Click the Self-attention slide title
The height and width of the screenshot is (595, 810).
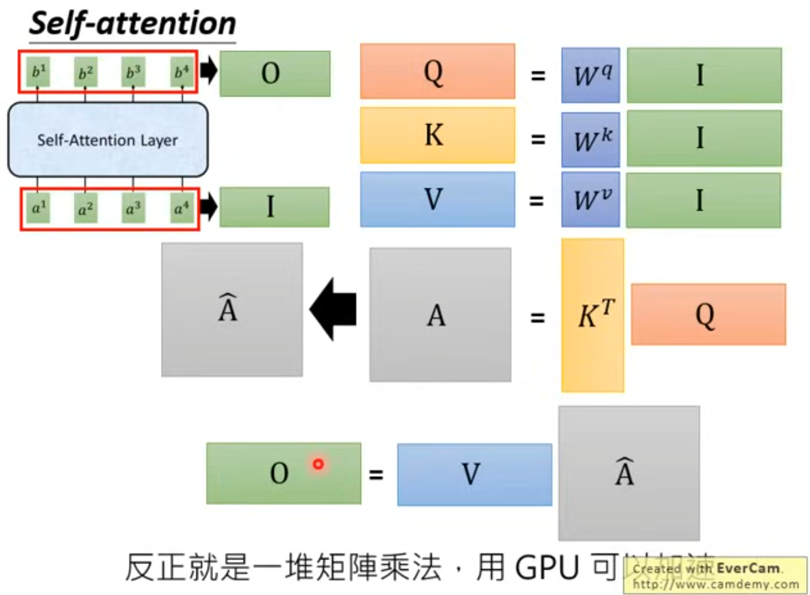(x=132, y=24)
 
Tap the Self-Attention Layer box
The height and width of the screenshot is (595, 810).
(x=108, y=140)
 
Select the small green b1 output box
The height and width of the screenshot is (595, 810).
(x=38, y=72)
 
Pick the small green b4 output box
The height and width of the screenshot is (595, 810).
(x=181, y=72)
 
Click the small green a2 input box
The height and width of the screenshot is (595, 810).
(x=85, y=208)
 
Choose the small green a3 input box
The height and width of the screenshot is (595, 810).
(x=133, y=208)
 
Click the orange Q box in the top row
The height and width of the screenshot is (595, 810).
(x=437, y=72)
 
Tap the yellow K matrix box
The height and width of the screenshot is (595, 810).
(x=437, y=136)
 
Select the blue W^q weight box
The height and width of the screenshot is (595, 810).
(x=590, y=75)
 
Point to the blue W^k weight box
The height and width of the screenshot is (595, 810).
(x=590, y=139)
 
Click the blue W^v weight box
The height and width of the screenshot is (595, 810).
(x=590, y=200)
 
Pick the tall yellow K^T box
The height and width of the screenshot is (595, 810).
(x=592, y=315)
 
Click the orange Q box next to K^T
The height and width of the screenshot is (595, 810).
(x=708, y=315)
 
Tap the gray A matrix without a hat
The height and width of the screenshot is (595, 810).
(x=440, y=315)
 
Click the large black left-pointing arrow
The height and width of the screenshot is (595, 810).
(x=334, y=310)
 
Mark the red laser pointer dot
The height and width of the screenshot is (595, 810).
(x=318, y=464)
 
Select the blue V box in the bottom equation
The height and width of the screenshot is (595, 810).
(x=474, y=474)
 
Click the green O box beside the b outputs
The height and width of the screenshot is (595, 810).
(x=275, y=73)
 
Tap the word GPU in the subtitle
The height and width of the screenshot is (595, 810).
(x=547, y=568)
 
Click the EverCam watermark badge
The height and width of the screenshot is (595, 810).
(x=715, y=576)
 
